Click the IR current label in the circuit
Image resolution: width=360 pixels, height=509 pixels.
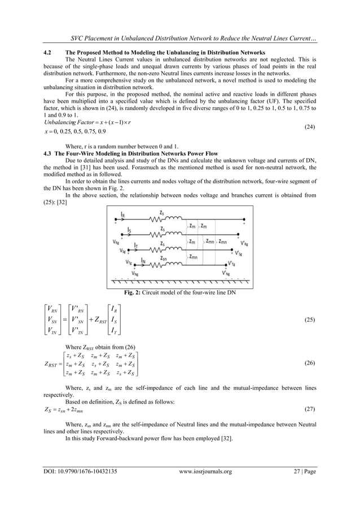(123, 214)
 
